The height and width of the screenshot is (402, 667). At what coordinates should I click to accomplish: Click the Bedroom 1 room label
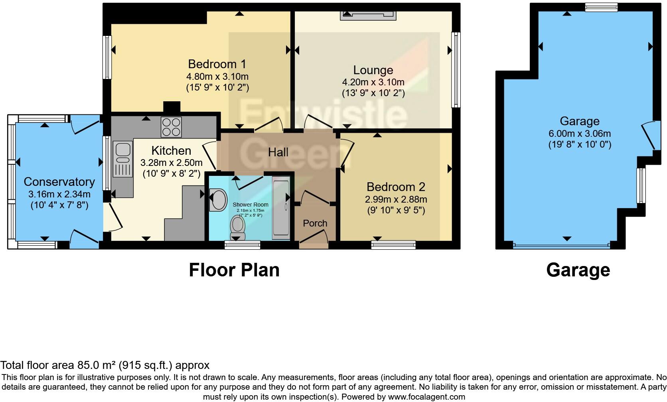(217, 64)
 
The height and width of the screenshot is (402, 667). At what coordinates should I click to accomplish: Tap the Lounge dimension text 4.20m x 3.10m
(373, 83)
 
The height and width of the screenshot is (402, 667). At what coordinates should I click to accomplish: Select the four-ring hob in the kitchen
(171, 127)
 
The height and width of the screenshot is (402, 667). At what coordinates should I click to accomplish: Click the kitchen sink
(123, 159)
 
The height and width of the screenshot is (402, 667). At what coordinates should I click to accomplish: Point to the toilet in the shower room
(238, 225)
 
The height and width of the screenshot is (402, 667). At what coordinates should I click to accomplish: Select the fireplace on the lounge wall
(368, 15)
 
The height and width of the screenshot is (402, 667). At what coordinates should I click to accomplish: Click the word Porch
(315, 223)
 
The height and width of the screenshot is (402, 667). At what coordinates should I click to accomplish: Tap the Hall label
(278, 152)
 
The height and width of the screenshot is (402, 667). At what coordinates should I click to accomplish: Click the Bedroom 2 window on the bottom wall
(393, 244)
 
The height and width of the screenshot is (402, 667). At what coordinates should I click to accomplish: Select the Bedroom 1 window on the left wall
(107, 57)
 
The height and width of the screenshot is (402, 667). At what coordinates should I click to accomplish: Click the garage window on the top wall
(601, 7)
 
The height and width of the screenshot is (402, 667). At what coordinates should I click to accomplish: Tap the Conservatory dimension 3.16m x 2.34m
(59, 195)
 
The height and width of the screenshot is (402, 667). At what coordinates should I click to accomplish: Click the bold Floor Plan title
(234, 270)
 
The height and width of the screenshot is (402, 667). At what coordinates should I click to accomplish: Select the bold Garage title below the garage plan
(578, 270)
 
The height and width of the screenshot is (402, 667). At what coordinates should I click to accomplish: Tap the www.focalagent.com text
(426, 397)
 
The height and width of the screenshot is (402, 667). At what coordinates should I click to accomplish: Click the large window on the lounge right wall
(456, 70)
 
